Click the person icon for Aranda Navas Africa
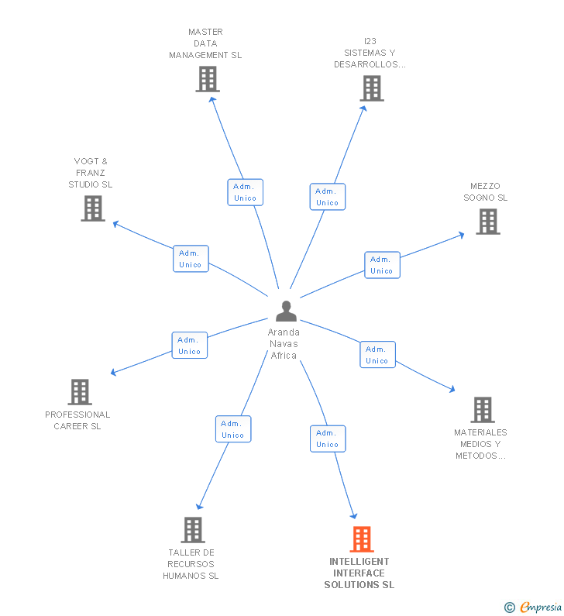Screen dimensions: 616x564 pyautogui.click(x=286, y=311)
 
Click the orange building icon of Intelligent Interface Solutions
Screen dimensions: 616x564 pyautogui.click(x=362, y=539)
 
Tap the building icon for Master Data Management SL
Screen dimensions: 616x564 pyautogui.click(x=207, y=79)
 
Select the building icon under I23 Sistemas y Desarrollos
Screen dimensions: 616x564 pyautogui.click(x=372, y=88)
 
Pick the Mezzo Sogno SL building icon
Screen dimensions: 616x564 pyautogui.click(x=487, y=222)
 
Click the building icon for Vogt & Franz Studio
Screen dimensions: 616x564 pyautogui.click(x=93, y=208)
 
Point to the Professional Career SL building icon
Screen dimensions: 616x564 pyautogui.click(x=80, y=392)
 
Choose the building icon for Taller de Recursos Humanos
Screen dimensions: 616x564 pyautogui.click(x=192, y=530)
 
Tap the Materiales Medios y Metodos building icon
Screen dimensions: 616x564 pyautogui.click(x=482, y=410)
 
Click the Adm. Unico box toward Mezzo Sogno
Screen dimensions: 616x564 pyautogui.click(x=382, y=265)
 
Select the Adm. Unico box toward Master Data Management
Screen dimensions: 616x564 pyautogui.click(x=245, y=192)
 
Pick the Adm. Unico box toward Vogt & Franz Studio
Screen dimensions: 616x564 pyautogui.click(x=191, y=259)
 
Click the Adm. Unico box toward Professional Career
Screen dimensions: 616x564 pyautogui.click(x=190, y=346)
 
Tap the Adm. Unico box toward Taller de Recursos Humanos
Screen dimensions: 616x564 pyautogui.click(x=233, y=429)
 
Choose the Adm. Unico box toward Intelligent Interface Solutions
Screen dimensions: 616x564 pyautogui.click(x=328, y=439)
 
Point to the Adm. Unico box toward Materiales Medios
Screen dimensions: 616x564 pyautogui.click(x=377, y=355)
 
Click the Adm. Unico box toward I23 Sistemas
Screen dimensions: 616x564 pyautogui.click(x=328, y=197)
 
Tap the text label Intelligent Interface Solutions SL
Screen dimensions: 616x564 pyautogui.click(x=359, y=573)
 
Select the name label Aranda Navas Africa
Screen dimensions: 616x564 pyautogui.click(x=284, y=343)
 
